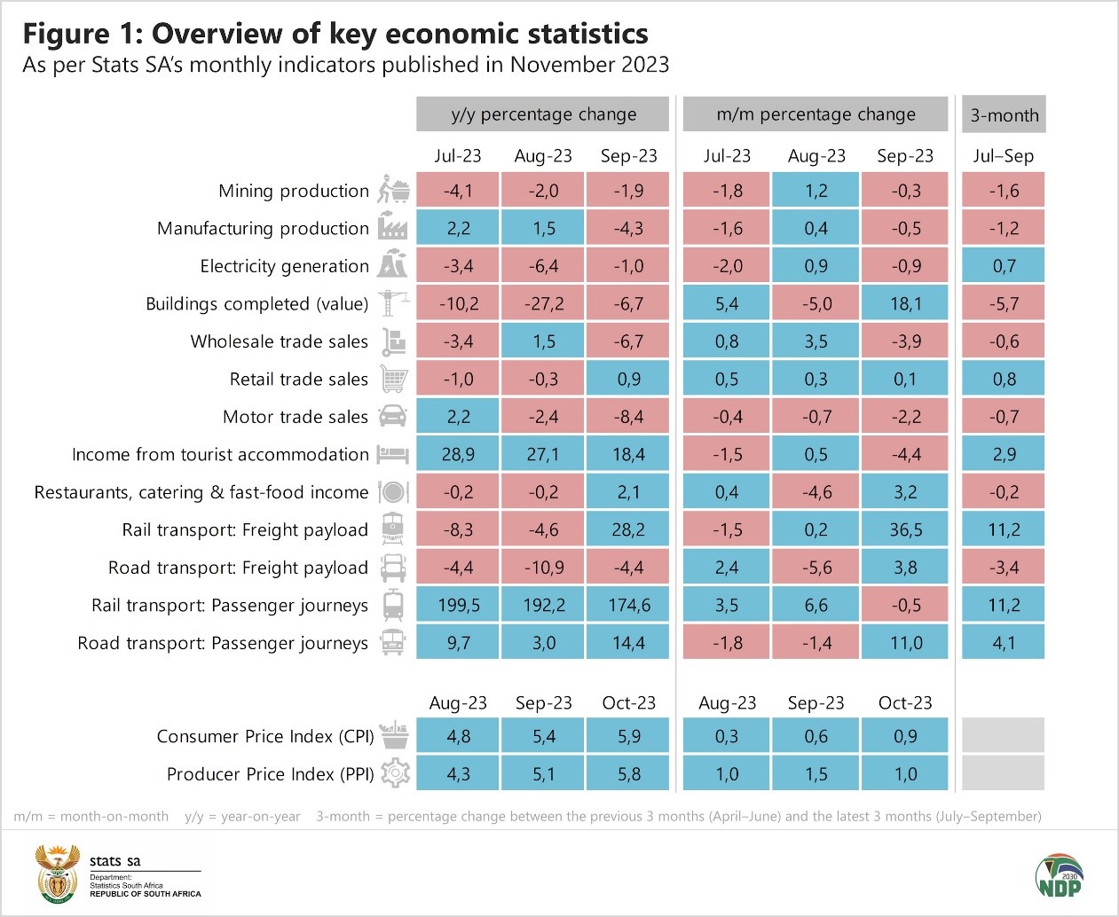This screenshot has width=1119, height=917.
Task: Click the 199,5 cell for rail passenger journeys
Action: coord(458,605)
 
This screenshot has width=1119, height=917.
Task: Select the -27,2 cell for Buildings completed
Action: coord(543,303)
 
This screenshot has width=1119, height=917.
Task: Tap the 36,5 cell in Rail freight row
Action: coord(905,529)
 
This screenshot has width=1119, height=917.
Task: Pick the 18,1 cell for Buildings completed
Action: coord(905,303)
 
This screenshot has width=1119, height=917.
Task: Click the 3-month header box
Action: coord(1004,114)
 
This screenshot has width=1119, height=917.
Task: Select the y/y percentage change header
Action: coord(543,114)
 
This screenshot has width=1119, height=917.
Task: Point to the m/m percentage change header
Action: coord(816,114)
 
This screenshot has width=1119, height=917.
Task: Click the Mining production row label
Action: coord(294,191)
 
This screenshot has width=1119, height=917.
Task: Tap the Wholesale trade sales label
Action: coord(279,341)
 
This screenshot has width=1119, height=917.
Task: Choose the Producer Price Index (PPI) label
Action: coord(270,774)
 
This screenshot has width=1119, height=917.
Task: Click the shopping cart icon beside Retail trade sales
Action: coord(394,379)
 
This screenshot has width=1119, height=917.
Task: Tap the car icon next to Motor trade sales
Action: coord(393,416)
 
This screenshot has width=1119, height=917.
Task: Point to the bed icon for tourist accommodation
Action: coord(392,454)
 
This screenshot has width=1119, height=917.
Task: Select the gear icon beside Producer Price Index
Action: coord(395,773)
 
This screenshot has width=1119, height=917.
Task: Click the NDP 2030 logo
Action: coord(1060,875)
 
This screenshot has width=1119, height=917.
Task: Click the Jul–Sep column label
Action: coord(1003,156)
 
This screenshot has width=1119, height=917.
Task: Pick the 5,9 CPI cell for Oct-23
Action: coord(628,736)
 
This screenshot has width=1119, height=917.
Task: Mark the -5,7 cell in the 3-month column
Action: coord(1004,303)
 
